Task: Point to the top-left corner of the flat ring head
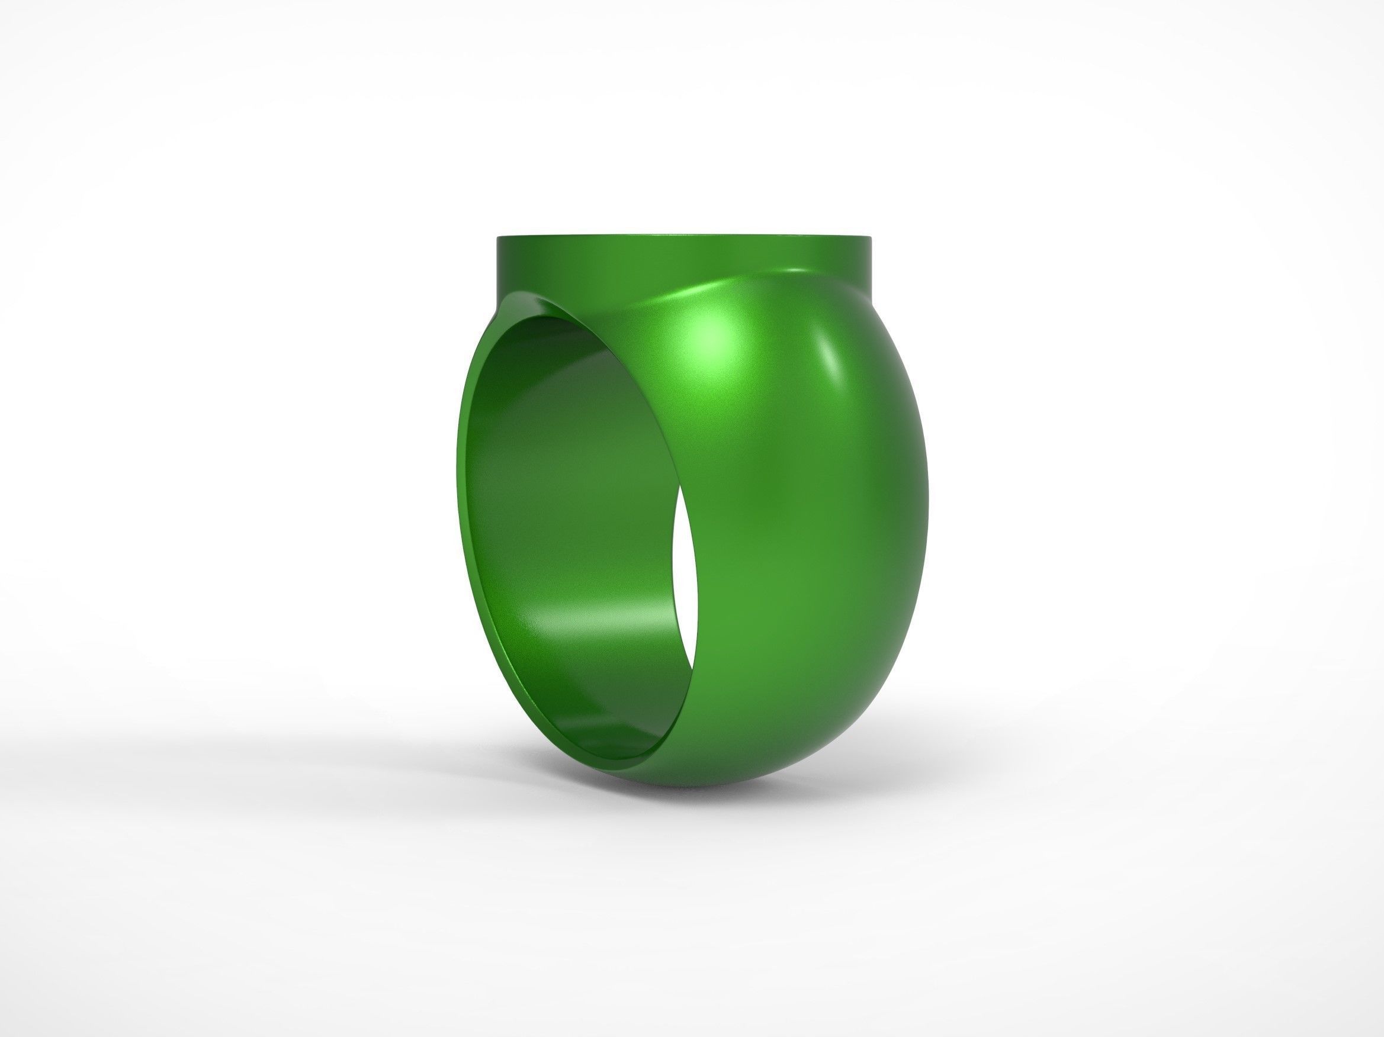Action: pyautogui.click(x=499, y=237)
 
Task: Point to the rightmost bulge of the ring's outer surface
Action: pyautogui.click(x=926, y=500)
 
